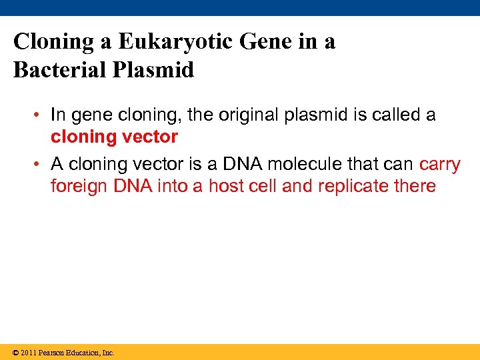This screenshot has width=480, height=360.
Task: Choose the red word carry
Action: pyautogui.click(x=439, y=164)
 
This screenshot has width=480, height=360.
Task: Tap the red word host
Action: pyautogui.click(x=226, y=186)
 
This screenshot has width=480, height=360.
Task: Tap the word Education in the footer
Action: pyautogui.click(x=80, y=352)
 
